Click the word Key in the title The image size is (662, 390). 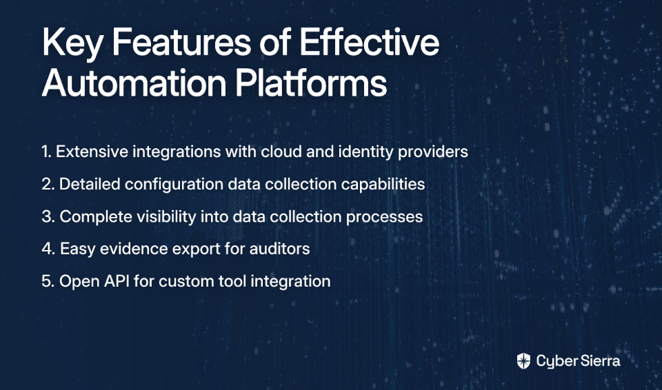[72, 43]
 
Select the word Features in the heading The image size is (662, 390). [181, 42]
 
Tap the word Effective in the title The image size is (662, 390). [370, 42]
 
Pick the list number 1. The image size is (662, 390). [46, 152]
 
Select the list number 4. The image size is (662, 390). [48, 249]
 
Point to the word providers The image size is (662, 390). [433, 152]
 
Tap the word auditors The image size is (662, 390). [279, 249]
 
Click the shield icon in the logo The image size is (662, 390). [523, 361]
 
